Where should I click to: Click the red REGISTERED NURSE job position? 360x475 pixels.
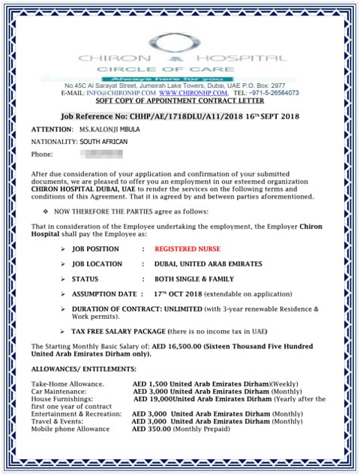click(x=191, y=248)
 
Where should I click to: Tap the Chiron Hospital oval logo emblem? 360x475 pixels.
click(x=180, y=44)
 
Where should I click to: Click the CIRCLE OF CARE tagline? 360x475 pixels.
click(x=180, y=69)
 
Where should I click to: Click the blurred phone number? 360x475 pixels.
click(x=103, y=155)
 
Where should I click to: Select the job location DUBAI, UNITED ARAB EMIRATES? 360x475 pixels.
click(x=208, y=264)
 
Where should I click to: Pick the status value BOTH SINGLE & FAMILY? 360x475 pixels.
click(x=192, y=279)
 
